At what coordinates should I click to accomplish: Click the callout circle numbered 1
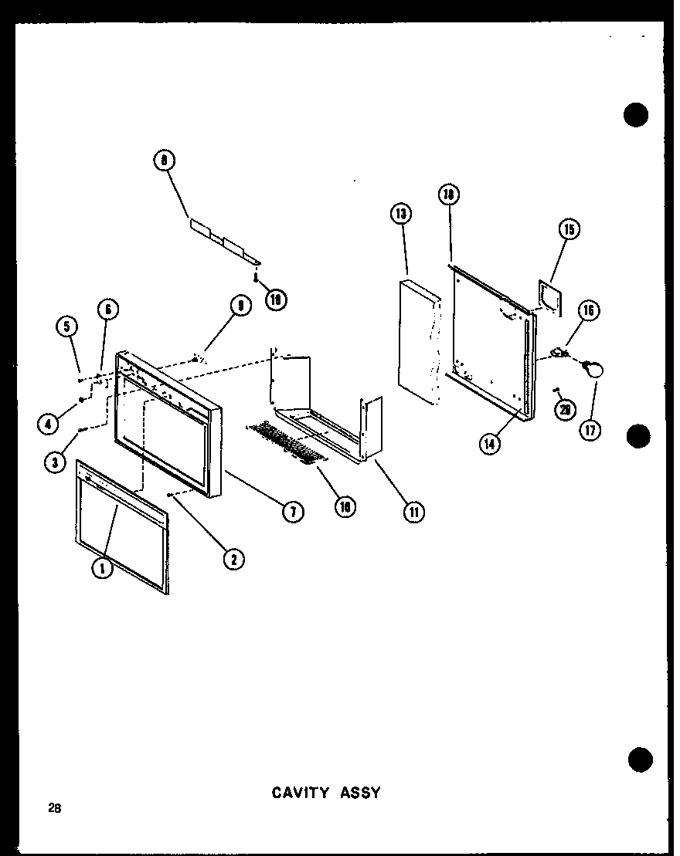click(100, 567)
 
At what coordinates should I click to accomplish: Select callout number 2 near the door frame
click(230, 559)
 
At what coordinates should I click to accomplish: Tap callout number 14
click(488, 444)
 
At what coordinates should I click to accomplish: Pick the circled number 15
click(570, 229)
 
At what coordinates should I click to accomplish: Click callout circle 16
click(589, 311)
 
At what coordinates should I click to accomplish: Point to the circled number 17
click(592, 430)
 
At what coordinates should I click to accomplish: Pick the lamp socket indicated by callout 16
click(558, 354)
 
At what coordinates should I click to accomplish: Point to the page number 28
click(53, 808)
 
